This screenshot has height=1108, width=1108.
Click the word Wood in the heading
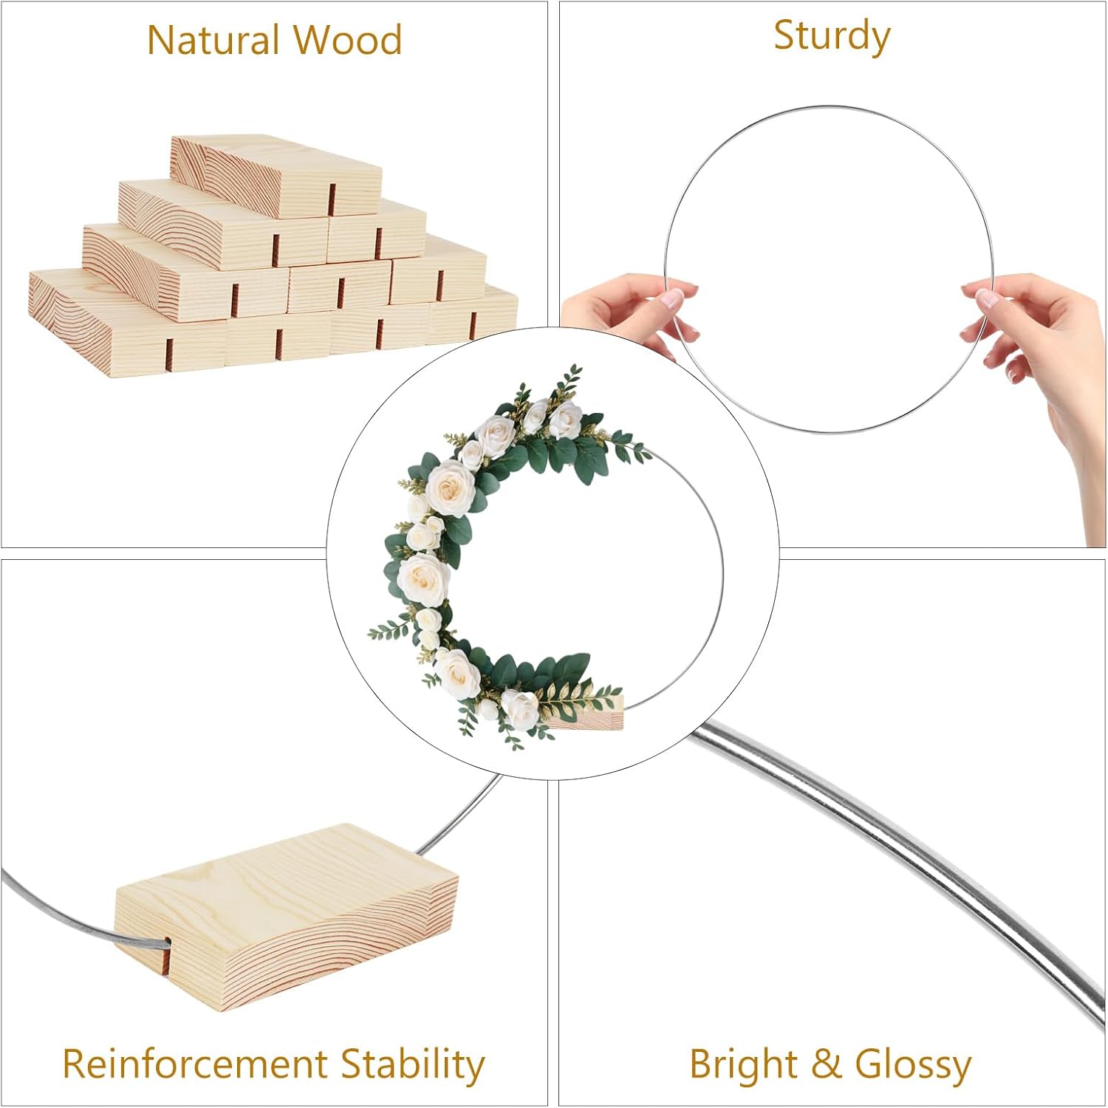coord(347,40)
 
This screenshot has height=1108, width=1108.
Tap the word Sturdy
coord(832,37)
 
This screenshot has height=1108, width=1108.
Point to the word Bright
coord(744,1066)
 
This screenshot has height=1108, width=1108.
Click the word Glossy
coord(913,1066)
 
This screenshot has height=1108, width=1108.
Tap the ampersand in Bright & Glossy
coord(827,1064)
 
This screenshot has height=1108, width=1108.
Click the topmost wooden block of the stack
coord(277,175)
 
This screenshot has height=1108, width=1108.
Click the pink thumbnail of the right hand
coord(988,298)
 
